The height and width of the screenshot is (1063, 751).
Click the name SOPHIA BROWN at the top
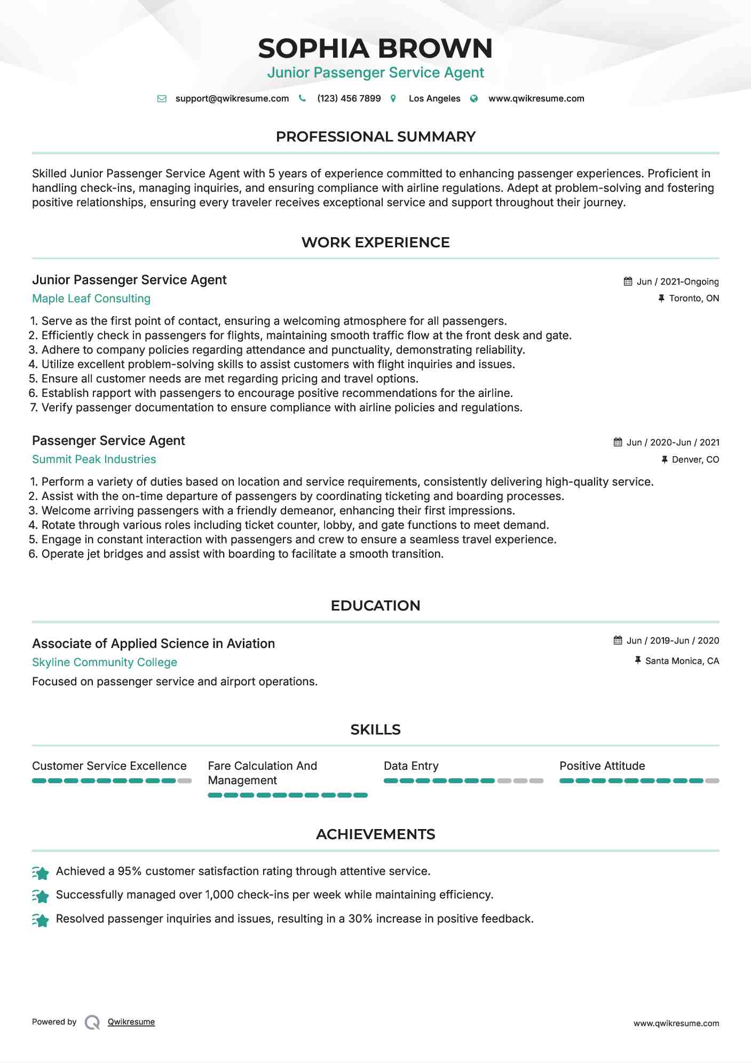coord(375,49)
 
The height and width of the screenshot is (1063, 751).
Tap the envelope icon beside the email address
coord(162,99)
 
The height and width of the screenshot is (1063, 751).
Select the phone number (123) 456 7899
coord(349,99)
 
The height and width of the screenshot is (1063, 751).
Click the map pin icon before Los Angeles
coord(393,99)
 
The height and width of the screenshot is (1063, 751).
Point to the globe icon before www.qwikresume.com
coord(474,99)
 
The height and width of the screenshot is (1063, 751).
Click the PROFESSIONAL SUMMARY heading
coord(375,137)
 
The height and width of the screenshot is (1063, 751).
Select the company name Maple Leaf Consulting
coord(91,299)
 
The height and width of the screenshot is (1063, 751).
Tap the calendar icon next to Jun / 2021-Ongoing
coord(628,282)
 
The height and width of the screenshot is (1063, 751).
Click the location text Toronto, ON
coord(694,299)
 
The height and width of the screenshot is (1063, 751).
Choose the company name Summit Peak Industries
coord(94,459)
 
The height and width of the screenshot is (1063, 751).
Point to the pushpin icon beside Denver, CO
coord(665,459)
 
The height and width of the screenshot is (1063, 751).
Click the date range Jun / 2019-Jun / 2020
coord(673,640)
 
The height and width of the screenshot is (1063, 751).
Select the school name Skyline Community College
coord(105,662)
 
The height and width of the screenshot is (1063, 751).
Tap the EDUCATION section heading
coord(375,606)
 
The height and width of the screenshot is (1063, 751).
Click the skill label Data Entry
coord(411,766)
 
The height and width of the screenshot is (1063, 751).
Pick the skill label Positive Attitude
coord(602,766)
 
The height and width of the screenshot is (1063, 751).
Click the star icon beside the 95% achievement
coord(41,872)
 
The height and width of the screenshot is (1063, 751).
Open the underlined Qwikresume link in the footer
coord(131,1022)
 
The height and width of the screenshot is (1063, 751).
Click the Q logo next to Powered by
coord(92,1022)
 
